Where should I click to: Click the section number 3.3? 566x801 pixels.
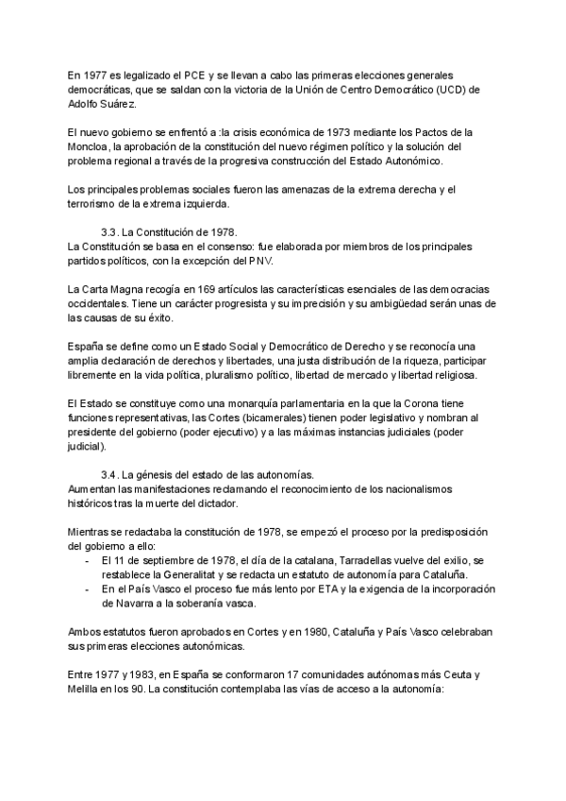click(111, 232)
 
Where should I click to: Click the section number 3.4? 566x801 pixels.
click(111, 474)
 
